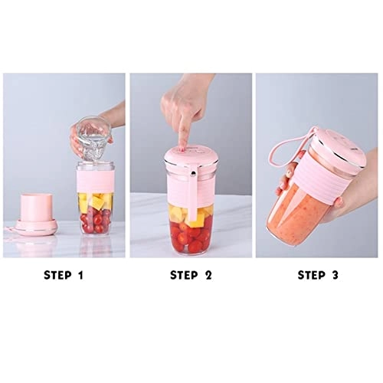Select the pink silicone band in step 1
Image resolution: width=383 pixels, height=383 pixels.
coord(96,179)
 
